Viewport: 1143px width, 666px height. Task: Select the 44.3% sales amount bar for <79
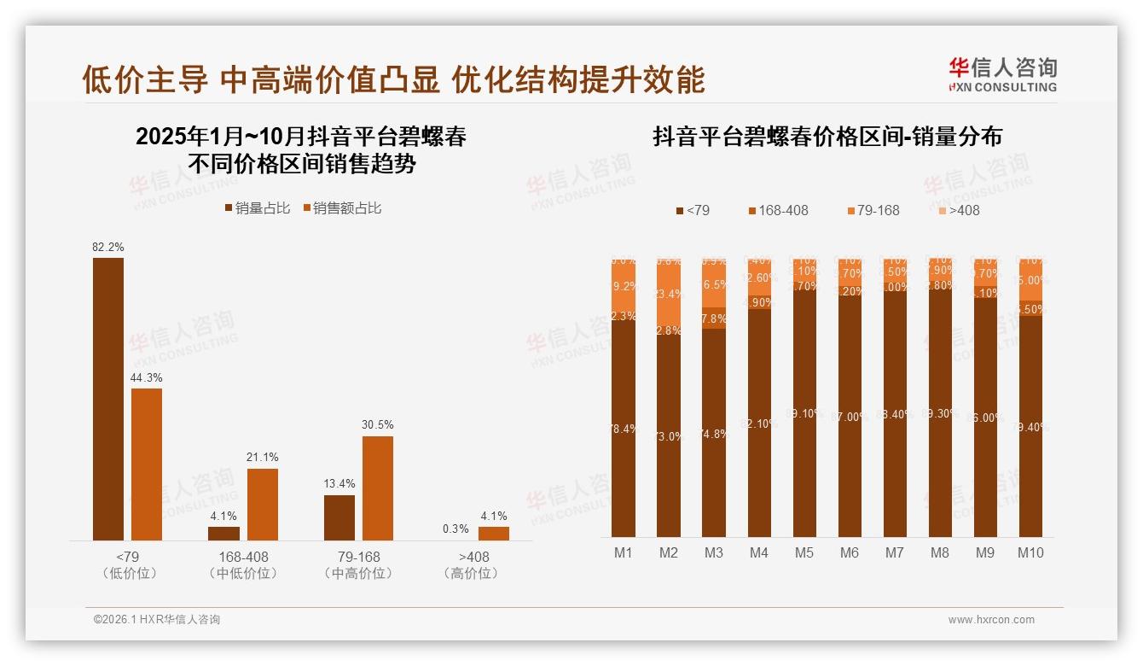coord(147,464)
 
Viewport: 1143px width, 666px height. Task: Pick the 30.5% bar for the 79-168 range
coord(378,488)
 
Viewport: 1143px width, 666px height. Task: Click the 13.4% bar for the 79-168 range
coord(339,517)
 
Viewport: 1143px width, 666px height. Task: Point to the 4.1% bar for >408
coord(493,533)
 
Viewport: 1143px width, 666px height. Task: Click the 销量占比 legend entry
coord(257,208)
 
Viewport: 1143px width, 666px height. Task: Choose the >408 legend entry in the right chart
coord(959,210)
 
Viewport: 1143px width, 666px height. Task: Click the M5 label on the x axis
coord(804,552)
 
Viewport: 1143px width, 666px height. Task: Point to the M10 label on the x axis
coord(1030,552)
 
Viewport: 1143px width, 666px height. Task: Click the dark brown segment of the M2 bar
coord(669,435)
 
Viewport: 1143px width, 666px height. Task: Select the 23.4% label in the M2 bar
coord(669,295)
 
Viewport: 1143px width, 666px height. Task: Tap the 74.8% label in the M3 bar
coord(714,433)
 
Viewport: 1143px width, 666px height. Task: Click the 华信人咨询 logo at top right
coord(1002,74)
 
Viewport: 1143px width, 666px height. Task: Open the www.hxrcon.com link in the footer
coord(991,620)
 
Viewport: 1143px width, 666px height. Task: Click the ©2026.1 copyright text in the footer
coord(156,620)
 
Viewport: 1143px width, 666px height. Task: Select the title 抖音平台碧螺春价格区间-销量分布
coord(827,137)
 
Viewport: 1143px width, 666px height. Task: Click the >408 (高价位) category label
coord(471,564)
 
